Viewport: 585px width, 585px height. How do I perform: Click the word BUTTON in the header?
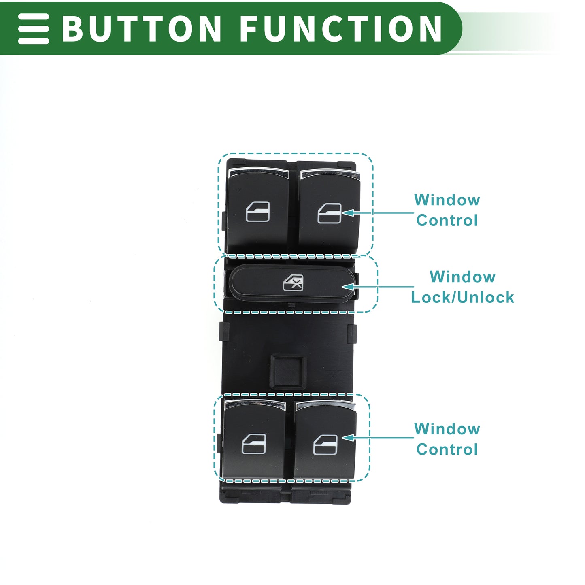pyautogui.click(x=142, y=28)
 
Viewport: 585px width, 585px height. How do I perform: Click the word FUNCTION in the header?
pyautogui.click(x=341, y=28)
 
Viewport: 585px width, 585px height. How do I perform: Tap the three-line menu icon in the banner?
pyautogui.click(x=34, y=28)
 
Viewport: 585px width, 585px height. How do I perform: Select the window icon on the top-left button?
pyautogui.click(x=258, y=212)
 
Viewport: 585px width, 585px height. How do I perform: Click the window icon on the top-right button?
pyautogui.click(x=330, y=213)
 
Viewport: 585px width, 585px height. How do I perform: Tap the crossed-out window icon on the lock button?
pyautogui.click(x=293, y=283)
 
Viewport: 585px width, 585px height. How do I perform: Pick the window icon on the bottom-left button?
pyautogui.click(x=254, y=444)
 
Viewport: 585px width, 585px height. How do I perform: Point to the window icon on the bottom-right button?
pyautogui.click(x=325, y=445)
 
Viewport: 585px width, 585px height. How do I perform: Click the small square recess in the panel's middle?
pyautogui.click(x=288, y=372)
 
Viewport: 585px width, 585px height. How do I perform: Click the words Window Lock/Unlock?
pyautogui.click(x=462, y=287)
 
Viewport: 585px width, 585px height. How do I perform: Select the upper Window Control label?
pyautogui.click(x=447, y=210)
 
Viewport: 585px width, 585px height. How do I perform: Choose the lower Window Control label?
pyautogui.click(x=447, y=439)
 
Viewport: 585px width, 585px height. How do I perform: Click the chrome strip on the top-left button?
pyautogui.click(x=258, y=172)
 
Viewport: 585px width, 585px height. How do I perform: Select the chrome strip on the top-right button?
pyautogui.click(x=330, y=174)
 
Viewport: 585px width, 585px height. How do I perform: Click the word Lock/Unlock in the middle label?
pyautogui.click(x=462, y=297)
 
